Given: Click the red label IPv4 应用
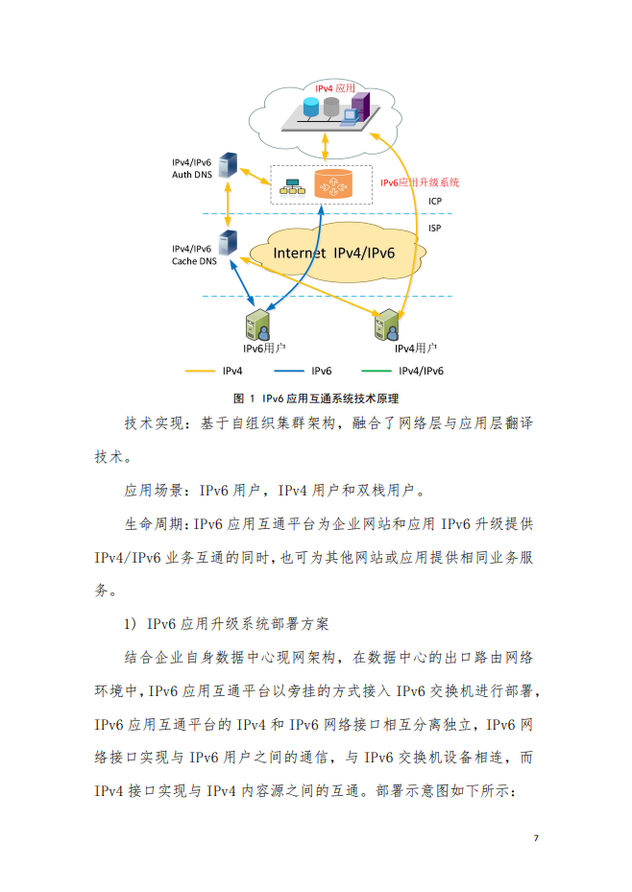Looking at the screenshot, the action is tap(335, 88).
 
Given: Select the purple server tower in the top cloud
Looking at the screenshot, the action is tap(360, 106).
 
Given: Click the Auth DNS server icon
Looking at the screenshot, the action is tap(228, 165).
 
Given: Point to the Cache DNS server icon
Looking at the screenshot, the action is tap(228, 243).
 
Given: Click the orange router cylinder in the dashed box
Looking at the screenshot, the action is tap(333, 183).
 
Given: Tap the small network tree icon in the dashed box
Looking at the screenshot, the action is tap(292, 186).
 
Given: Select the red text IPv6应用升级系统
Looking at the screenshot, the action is tap(420, 182).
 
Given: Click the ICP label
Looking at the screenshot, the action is tap(435, 201).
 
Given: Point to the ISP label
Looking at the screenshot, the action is tap(434, 228).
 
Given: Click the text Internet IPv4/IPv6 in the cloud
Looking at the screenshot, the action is tap(334, 253).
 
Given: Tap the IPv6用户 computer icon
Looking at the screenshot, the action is tap(257, 325).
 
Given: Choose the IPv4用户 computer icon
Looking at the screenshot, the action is tap(387, 325).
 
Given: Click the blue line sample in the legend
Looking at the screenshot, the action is tap(289, 371).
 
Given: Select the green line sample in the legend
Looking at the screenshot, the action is tap(377, 371).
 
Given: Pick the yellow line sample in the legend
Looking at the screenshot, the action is tap(200, 371).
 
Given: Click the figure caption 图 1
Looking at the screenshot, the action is tap(244, 398).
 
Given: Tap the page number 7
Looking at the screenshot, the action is tap(536, 838).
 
